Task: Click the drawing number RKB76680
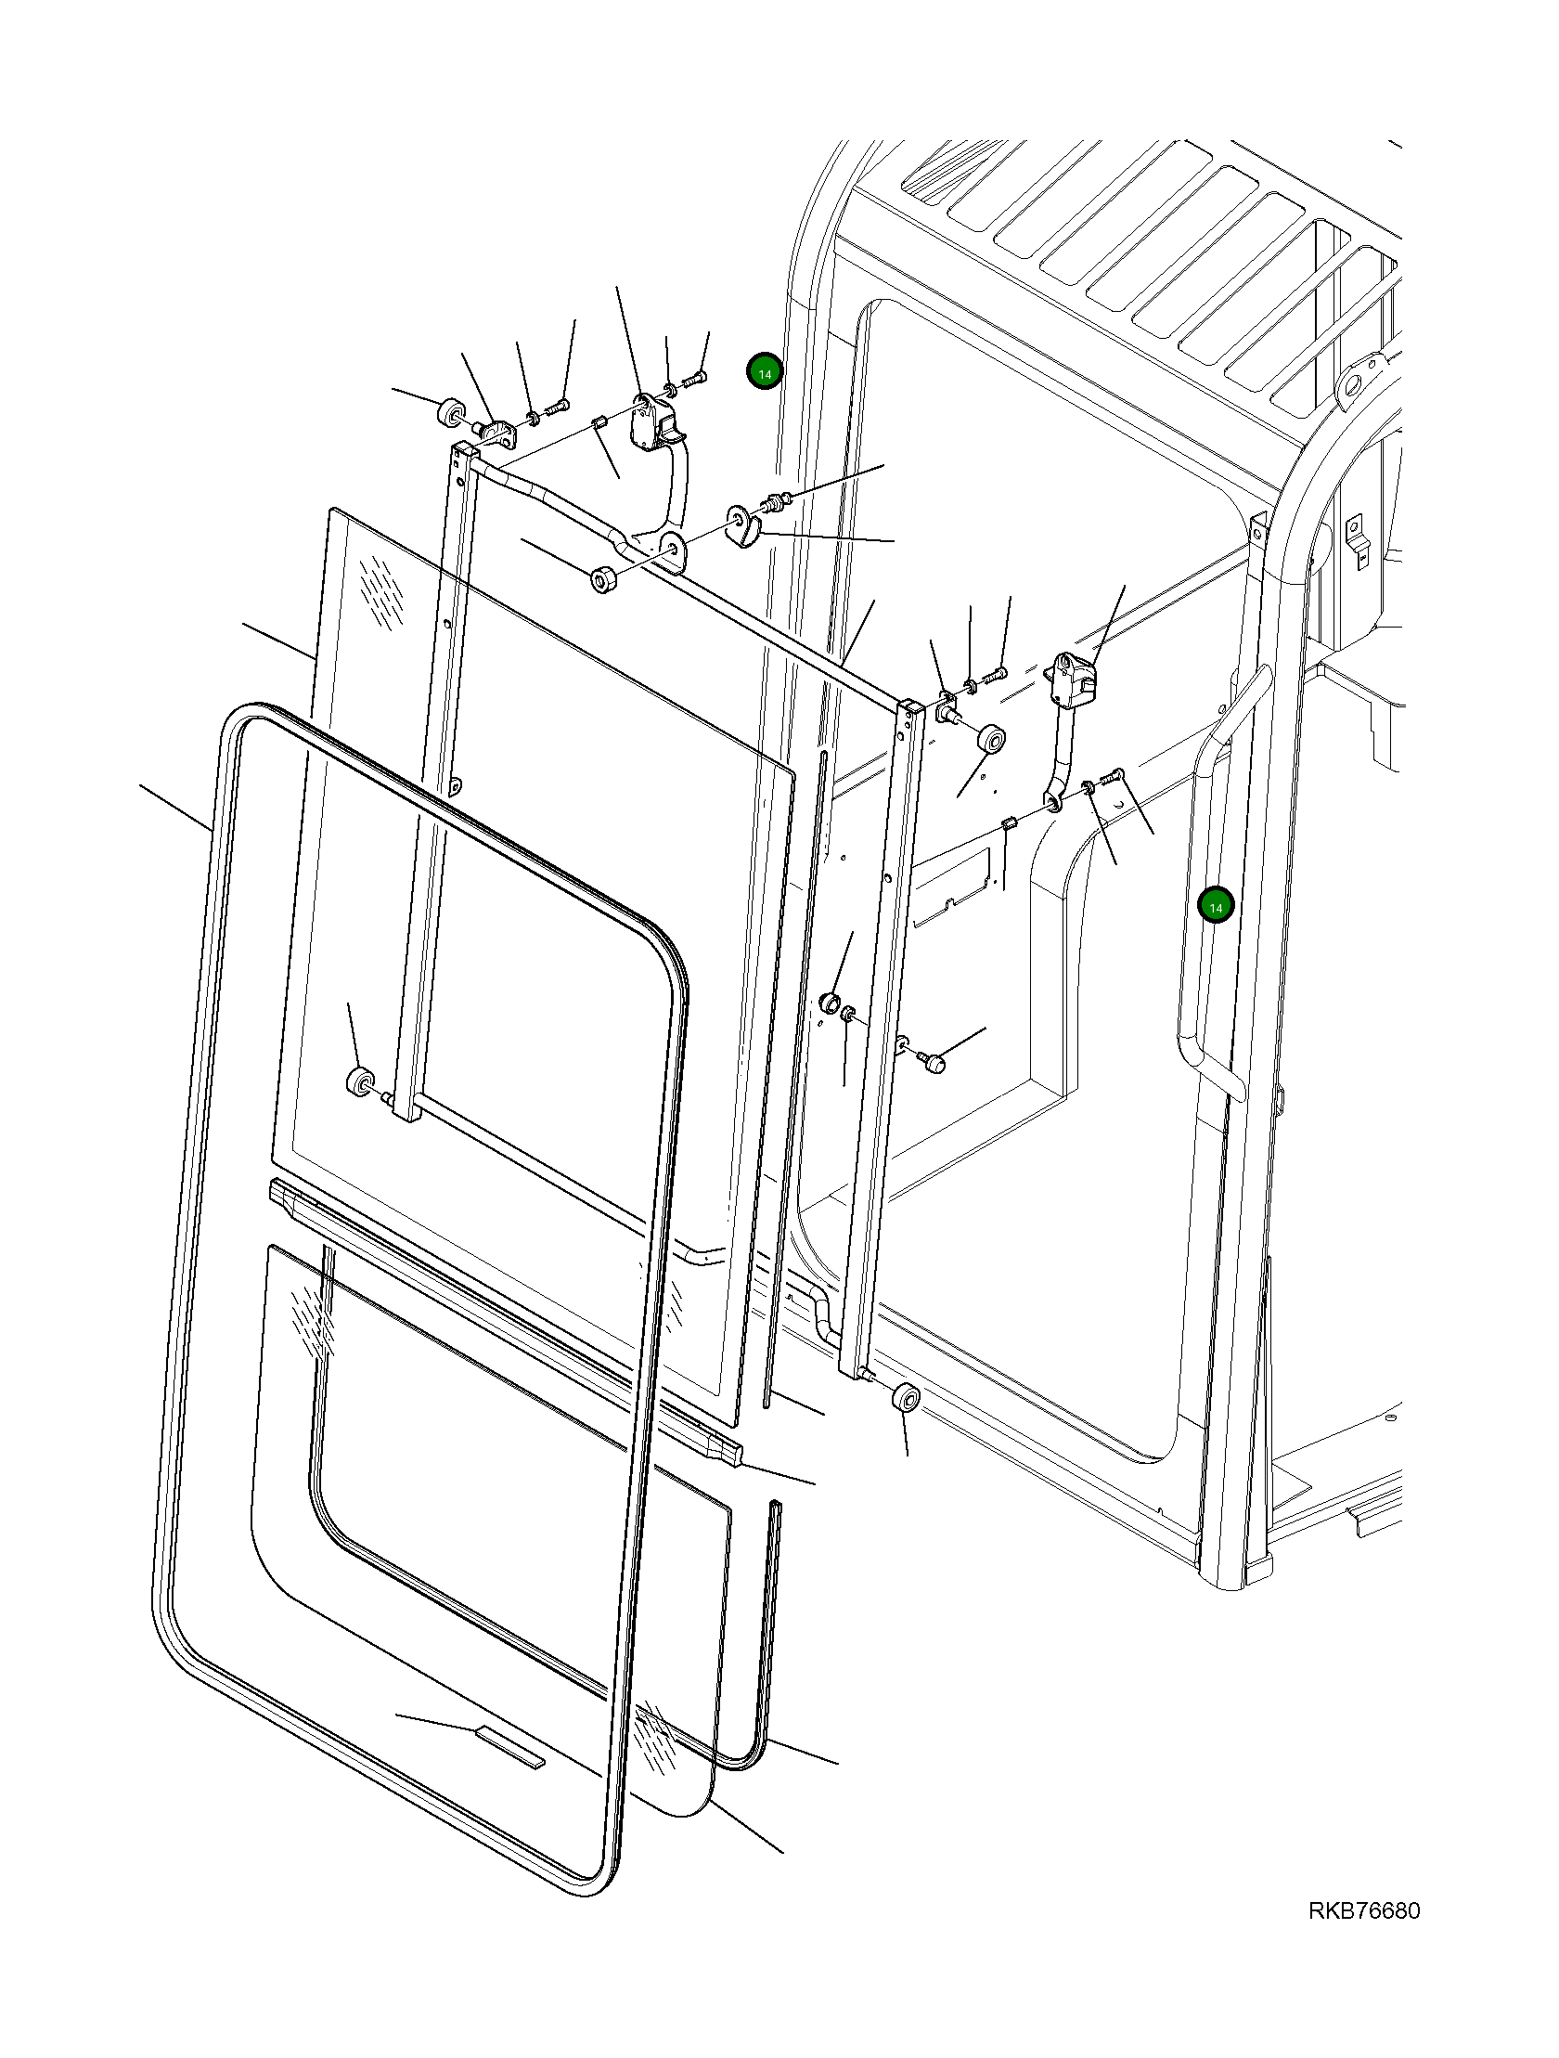tap(1363, 1911)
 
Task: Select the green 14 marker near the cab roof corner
tap(765, 373)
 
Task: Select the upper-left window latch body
tap(653, 421)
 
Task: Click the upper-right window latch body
tap(1073, 681)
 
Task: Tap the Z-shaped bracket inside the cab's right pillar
tap(1357, 540)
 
